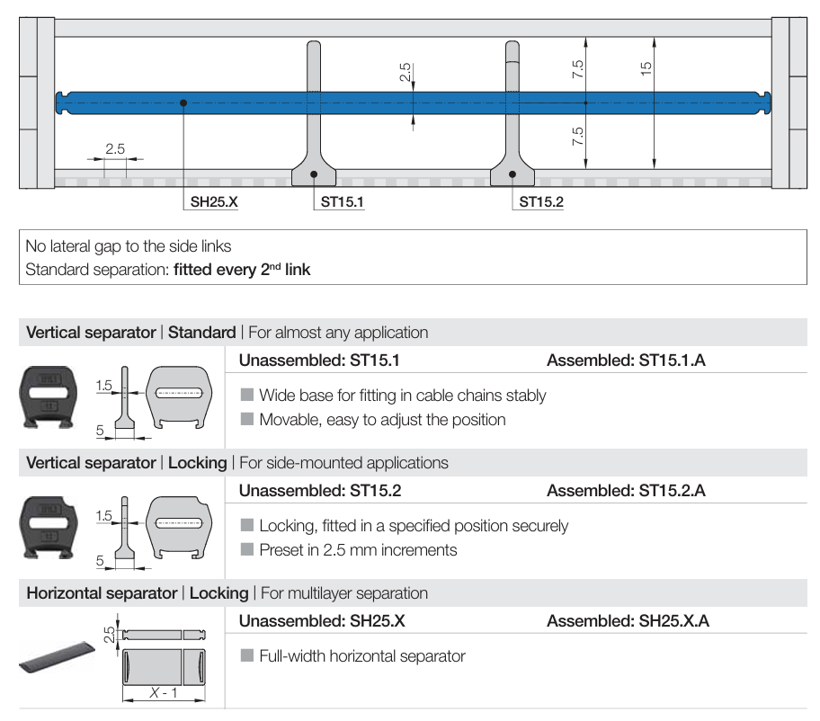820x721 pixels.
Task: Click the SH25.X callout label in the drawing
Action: [x=213, y=202]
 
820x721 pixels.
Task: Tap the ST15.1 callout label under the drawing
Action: [x=342, y=202]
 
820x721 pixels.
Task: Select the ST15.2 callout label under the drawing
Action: [x=541, y=202]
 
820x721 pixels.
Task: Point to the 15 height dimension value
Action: [x=646, y=68]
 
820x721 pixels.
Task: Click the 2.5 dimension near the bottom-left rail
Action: [x=114, y=149]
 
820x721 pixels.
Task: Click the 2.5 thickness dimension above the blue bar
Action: [x=406, y=72]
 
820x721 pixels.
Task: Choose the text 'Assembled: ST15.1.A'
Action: [x=626, y=360]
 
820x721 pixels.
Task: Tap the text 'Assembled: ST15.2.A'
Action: [x=626, y=491]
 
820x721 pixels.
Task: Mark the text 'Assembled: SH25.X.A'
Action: [x=628, y=621]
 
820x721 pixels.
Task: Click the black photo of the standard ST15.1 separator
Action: [x=48, y=395]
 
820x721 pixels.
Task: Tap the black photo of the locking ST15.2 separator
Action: [x=48, y=526]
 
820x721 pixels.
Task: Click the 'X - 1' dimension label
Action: [x=162, y=692]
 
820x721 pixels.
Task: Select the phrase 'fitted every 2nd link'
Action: [x=242, y=268]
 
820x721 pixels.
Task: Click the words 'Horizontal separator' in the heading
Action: [x=102, y=593]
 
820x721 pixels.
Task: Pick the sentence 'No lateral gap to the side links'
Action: [x=129, y=245]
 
